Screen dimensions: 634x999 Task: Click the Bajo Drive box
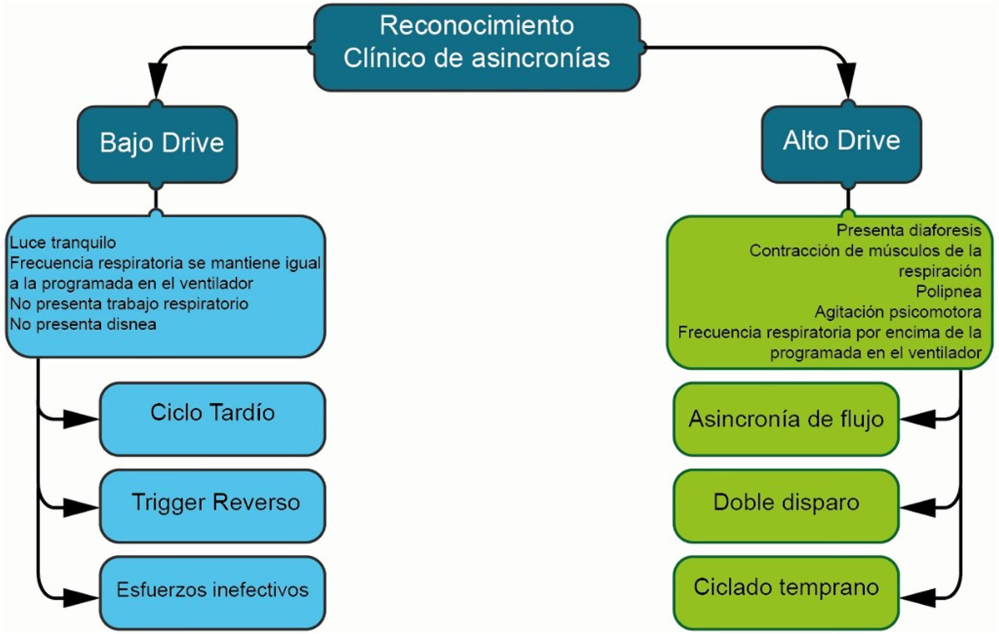tap(157, 143)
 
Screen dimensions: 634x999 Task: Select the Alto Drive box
tap(841, 143)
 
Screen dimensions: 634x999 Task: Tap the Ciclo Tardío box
tap(212, 419)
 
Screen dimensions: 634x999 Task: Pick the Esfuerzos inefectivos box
tap(212, 593)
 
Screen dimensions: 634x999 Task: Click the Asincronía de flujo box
tap(786, 419)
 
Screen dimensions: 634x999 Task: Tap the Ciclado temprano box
tap(786, 593)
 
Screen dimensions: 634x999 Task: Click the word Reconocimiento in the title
tap(477, 26)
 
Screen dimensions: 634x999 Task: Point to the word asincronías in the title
tap(541, 58)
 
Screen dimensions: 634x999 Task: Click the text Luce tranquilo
tap(63, 242)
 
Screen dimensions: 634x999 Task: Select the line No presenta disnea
tap(83, 324)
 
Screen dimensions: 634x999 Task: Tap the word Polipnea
tap(948, 291)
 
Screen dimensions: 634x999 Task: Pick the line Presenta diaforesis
tap(909, 230)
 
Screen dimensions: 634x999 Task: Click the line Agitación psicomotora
tap(898, 312)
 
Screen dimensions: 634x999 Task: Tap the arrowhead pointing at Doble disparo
tap(919, 507)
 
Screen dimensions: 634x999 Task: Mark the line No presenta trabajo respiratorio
tap(129, 304)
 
